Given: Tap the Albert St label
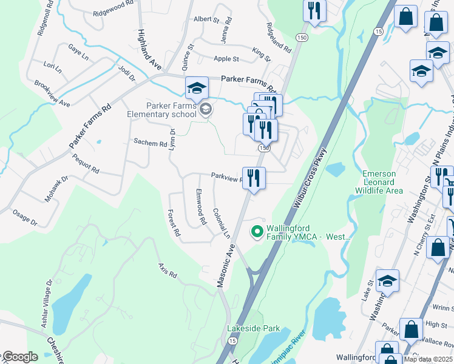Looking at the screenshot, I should coord(206,19).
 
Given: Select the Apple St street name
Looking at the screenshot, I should coord(226,59).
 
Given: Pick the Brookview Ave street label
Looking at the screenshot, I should coord(52,94).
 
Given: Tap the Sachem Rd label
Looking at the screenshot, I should coord(150,143).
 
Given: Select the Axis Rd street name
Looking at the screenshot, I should coord(167,271).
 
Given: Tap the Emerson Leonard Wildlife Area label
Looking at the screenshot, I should coord(382,182).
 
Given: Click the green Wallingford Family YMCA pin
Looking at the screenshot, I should coord(257,231).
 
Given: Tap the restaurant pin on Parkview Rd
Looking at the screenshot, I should coord(254,178).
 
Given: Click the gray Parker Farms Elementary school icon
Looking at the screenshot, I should coord(205,109).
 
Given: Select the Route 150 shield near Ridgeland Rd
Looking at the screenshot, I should coord(301,38).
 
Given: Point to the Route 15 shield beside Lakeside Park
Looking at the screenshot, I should coord(232,341).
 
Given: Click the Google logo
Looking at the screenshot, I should coord(20,357).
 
